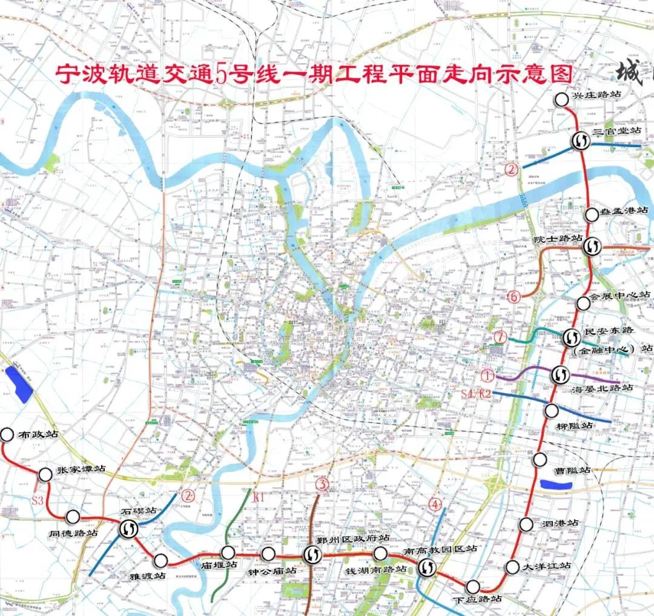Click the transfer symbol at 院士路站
[592, 246]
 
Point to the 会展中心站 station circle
[583, 303]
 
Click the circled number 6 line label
[514, 297]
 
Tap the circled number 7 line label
[500, 336]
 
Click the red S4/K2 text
[475, 394]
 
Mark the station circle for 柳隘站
[551, 411]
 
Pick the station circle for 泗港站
[526, 525]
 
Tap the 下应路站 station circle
[473, 586]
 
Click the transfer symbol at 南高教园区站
[426, 567]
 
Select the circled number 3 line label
[322, 484]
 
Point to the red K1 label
[259, 498]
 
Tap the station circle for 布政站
[7, 434]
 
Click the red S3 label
[38, 500]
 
